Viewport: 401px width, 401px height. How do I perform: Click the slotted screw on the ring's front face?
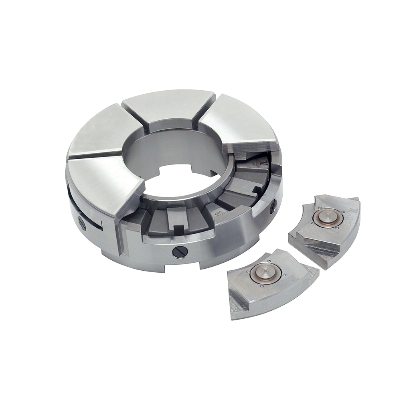click(x=180, y=252)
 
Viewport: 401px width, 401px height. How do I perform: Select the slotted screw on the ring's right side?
click(x=273, y=207)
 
